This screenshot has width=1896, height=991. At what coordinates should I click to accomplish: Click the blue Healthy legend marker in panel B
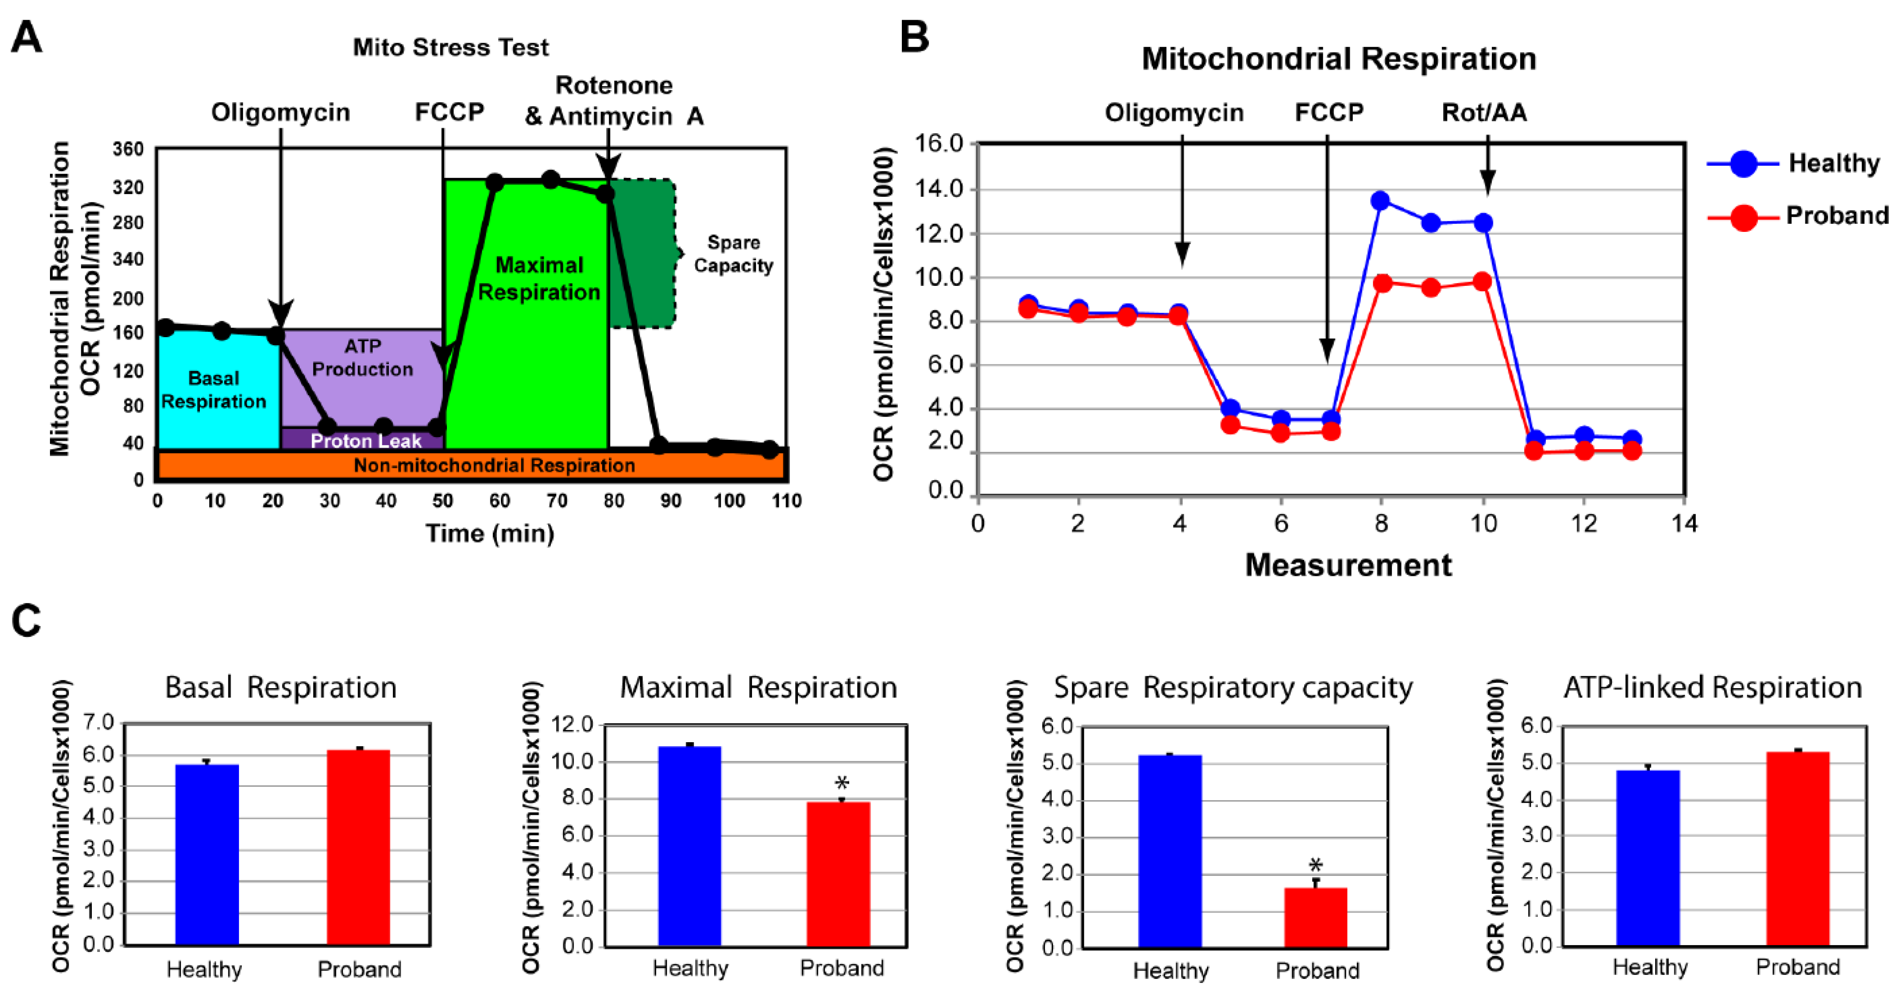coord(1743,163)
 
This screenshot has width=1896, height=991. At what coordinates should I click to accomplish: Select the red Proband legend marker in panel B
coord(1743,217)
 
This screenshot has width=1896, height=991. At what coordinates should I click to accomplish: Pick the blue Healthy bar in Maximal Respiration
coord(690,846)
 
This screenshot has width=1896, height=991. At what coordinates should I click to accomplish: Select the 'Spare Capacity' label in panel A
coord(733,254)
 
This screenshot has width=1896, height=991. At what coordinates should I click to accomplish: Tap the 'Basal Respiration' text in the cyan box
coord(214,389)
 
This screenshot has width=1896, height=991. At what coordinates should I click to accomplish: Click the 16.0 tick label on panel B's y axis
coord(938,144)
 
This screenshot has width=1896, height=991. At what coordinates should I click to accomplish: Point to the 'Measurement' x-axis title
coord(1348,565)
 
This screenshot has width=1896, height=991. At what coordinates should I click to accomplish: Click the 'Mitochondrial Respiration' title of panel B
coord(1339,58)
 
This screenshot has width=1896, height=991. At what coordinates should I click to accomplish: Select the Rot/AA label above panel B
coord(1484,113)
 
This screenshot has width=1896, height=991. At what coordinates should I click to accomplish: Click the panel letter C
coord(26,621)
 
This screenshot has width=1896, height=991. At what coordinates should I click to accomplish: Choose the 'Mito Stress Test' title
coord(450,47)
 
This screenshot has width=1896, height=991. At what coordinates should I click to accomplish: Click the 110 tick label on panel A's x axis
coord(786,501)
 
